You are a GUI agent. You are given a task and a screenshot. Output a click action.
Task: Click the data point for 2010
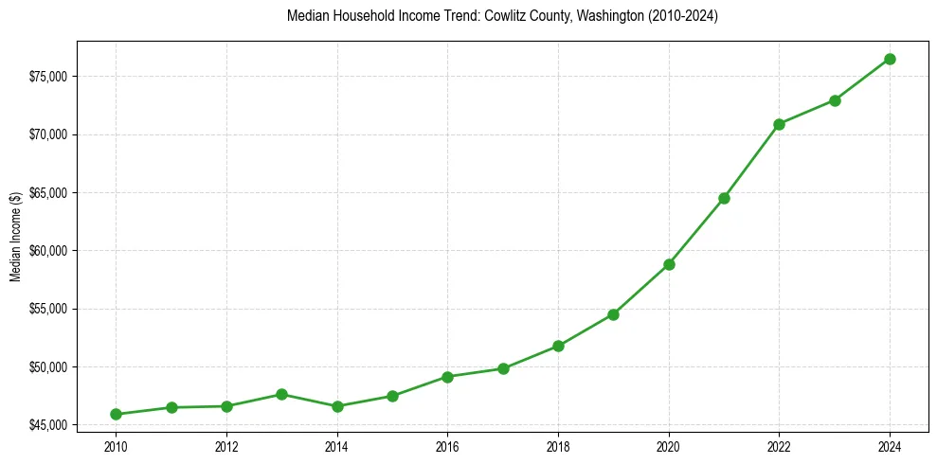click(116, 414)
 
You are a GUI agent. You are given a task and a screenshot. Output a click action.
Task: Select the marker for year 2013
click(281, 394)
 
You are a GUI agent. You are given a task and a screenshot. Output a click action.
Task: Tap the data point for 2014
click(337, 406)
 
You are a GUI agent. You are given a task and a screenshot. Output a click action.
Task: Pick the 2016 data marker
click(447, 377)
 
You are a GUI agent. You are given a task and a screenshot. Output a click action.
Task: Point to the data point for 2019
click(613, 314)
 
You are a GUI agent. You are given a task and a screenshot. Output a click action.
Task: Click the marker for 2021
click(724, 198)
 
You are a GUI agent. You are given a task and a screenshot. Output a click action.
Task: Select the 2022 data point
click(779, 124)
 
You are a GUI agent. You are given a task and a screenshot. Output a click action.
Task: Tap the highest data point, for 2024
click(890, 59)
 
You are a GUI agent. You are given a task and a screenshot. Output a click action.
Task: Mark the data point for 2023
click(835, 100)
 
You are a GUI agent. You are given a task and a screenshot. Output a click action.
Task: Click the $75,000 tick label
click(49, 76)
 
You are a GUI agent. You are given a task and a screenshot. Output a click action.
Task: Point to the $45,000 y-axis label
click(49, 425)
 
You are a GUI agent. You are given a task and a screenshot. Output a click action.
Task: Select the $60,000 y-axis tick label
click(49, 251)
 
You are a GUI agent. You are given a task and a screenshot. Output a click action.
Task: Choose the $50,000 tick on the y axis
click(49, 367)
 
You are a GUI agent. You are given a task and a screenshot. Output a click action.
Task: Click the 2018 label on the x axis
click(558, 447)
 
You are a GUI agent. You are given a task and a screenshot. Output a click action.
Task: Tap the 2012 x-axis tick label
click(226, 447)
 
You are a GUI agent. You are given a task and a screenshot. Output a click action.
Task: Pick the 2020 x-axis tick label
click(669, 447)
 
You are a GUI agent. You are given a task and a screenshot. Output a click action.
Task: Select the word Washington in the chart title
click(601, 16)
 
